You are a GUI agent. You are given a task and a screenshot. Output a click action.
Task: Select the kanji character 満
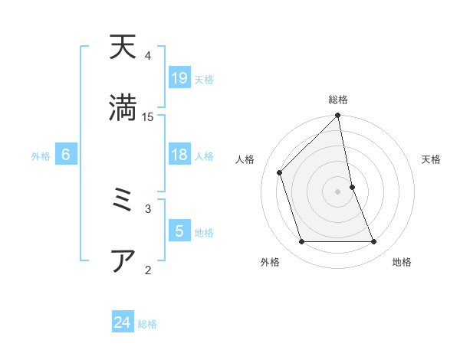tap(123, 106)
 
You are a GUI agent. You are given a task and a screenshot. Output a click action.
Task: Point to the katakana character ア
tap(123, 261)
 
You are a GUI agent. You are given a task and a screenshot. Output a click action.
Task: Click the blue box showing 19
tap(179, 78)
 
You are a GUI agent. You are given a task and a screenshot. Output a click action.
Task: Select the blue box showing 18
tap(179, 155)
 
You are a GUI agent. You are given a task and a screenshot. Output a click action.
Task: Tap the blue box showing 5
tap(179, 231)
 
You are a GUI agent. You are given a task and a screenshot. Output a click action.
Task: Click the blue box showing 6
tap(66, 155)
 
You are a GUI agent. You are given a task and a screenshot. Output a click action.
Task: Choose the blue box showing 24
tap(123, 323)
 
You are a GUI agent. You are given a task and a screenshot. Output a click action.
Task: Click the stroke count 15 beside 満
tap(148, 116)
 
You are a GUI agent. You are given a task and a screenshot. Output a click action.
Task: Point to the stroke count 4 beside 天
tap(148, 56)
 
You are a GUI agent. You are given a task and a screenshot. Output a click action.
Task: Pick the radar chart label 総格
tap(338, 100)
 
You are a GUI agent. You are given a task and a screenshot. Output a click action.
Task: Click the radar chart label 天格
tap(431, 159)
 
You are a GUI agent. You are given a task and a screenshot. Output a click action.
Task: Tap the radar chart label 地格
tap(402, 262)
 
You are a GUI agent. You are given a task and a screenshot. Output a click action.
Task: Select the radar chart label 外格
tap(270, 262)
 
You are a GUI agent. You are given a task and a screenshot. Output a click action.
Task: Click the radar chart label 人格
tap(245, 159)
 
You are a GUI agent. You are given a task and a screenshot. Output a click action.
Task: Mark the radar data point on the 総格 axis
tap(338, 116)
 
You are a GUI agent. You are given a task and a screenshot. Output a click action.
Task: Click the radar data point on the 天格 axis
tap(353, 186)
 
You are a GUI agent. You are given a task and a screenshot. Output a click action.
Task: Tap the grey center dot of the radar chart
tap(338, 191)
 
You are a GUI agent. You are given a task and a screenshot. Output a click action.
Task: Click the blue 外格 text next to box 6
tap(41, 156)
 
